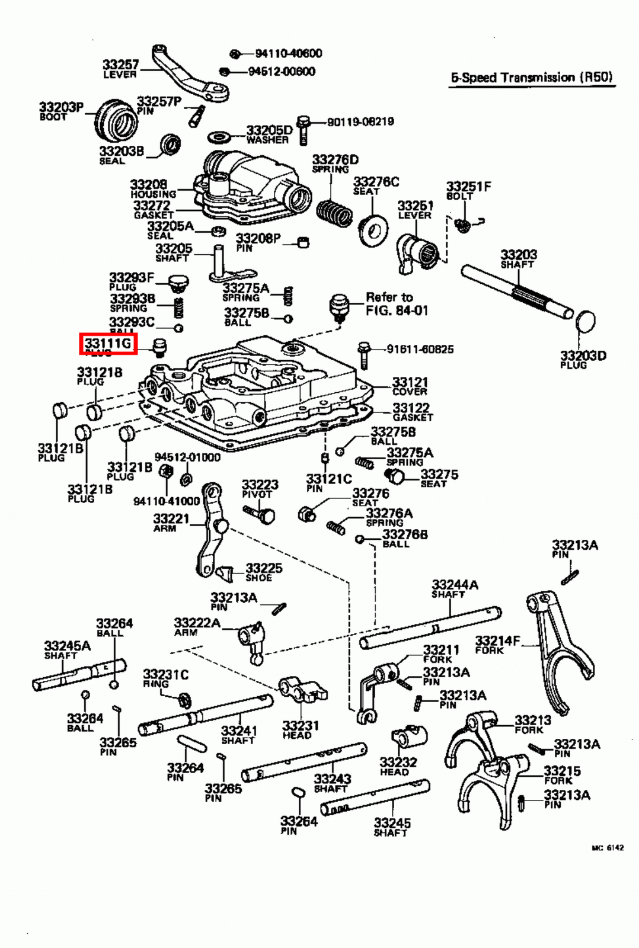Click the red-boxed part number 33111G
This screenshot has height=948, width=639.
[108, 344]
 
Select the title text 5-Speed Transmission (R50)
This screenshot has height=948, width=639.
[532, 78]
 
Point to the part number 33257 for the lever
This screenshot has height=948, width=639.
[120, 64]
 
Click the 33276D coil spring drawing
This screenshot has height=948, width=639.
[334, 212]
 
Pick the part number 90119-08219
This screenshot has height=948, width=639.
[360, 121]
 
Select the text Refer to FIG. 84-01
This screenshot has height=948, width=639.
[397, 304]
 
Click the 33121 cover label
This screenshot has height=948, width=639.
[410, 386]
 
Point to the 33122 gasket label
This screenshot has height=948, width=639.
[411, 411]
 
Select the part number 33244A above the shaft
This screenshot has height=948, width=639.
[455, 585]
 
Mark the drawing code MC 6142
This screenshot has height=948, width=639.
[607, 848]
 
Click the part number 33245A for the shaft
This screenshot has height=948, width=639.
[67, 646]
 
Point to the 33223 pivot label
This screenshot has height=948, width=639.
[260, 488]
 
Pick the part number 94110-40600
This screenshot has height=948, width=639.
[289, 53]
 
